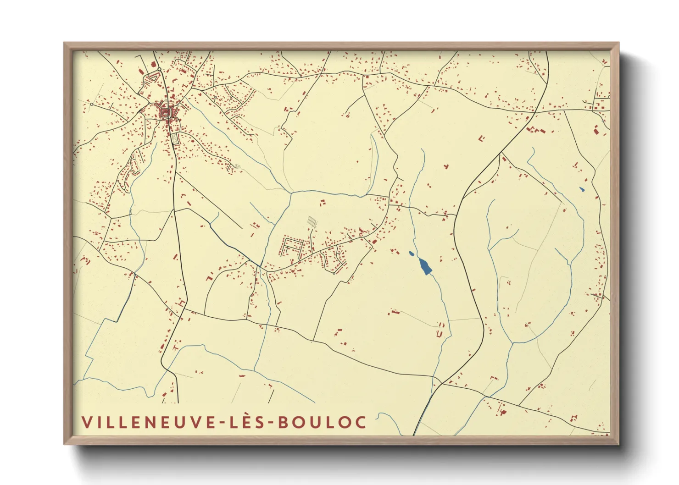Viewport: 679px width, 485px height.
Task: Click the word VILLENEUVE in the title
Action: [146, 422]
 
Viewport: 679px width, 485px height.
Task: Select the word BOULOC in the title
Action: [322, 422]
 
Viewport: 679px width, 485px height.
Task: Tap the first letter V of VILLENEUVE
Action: [86, 422]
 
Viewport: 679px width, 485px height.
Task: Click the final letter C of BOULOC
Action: [361, 422]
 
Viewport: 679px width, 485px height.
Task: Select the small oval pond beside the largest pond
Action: [412, 253]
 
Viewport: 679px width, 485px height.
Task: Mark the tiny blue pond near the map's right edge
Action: [582, 189]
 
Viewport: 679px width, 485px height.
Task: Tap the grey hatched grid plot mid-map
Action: [312, 221]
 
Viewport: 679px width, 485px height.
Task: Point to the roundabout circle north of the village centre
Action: [159, 69]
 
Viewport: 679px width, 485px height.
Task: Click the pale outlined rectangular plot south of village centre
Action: [174, 138]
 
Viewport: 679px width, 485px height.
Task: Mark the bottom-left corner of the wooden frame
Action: [65, 444]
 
